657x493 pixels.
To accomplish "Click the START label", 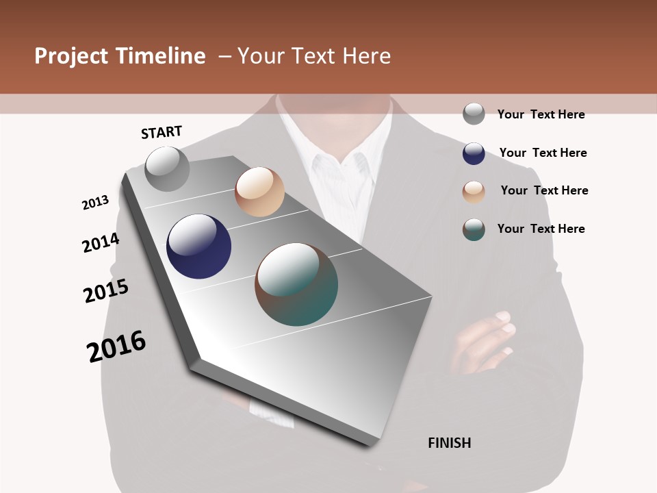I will click(162, 131).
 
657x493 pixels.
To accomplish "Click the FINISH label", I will click(449, 443).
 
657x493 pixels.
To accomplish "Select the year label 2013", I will click(96, 203).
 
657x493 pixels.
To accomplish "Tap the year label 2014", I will click(101, 242).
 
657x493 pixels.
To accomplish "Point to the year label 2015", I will click(106, 291).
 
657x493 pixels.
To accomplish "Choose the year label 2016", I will click(116, 346).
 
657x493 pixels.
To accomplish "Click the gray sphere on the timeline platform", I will click(167, 168).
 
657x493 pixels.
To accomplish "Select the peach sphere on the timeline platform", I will click(259, 192).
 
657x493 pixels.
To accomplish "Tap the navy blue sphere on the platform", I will click(198, 246).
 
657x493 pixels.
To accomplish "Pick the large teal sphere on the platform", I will click(296, 284).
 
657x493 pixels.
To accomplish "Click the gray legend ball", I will click(474, 114).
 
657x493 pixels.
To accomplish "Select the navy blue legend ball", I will click(474, 153).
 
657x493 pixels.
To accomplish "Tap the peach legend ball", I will click(474, 192).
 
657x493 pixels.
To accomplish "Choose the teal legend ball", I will click(474, 229).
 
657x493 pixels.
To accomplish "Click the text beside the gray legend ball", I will click(541, 114).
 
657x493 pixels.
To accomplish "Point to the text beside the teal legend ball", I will click(541, 229).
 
